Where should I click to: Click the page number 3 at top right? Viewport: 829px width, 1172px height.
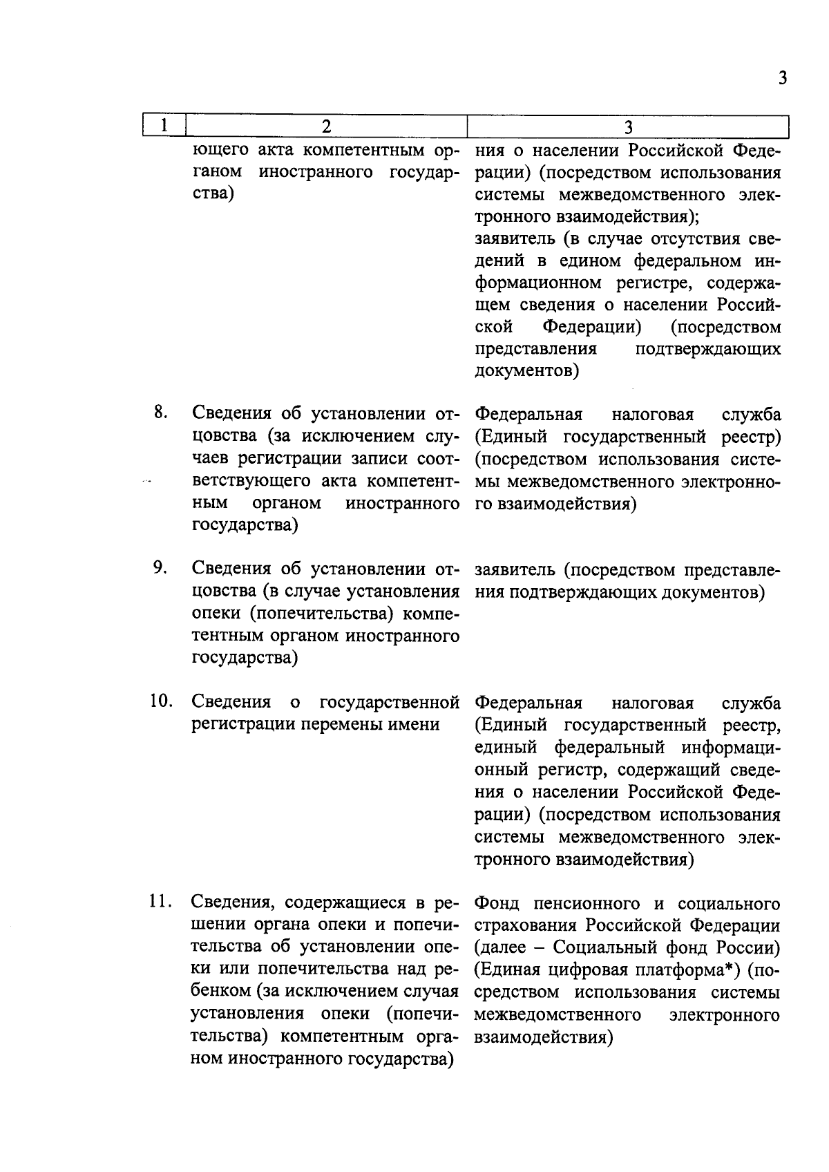(x=782, y=77)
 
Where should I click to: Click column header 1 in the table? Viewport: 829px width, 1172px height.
(x=164, y=126)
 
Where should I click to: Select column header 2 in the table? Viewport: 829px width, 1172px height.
(x=326, y=126)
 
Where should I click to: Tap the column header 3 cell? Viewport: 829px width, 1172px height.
(x=628, y=126)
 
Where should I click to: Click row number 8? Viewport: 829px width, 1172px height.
(x=160, y=413)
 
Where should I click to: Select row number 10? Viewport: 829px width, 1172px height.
(x=161, y=701)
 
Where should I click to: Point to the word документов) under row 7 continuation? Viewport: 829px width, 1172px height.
(x=527, y=372)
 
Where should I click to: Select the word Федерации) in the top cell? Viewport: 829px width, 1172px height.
(x=591, y=327)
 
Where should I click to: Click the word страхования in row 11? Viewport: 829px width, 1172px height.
(x=526, y=926)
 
